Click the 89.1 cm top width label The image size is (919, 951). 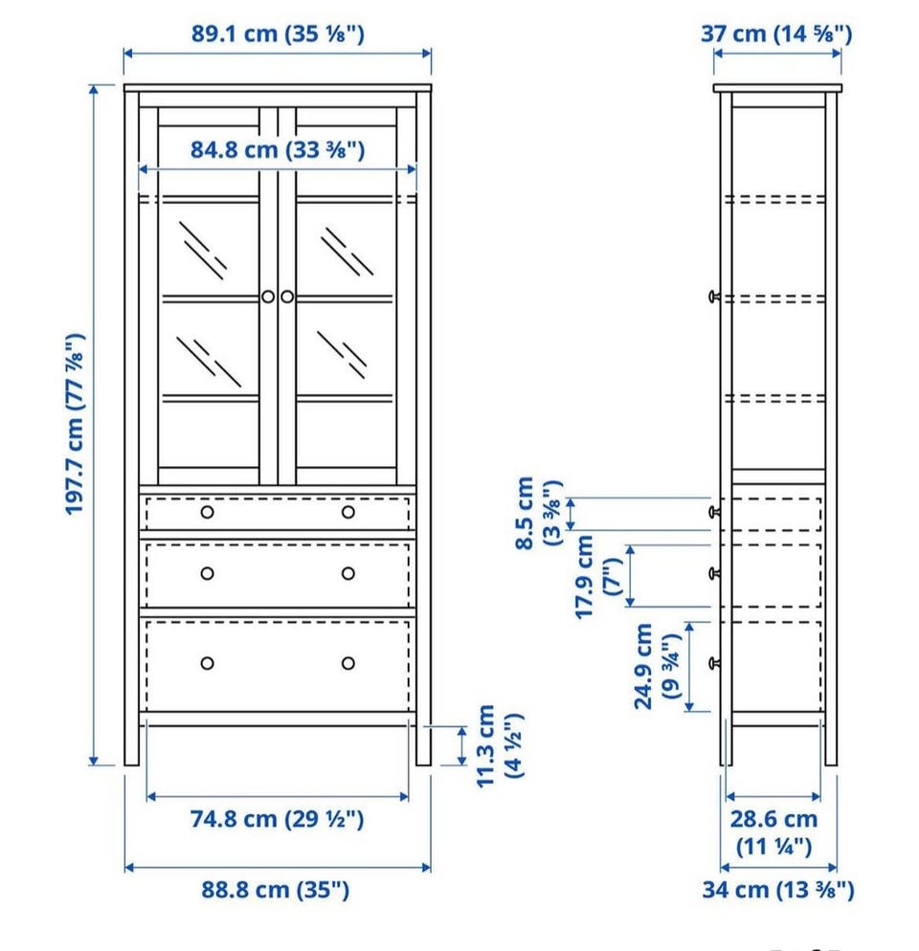click(x=278, y=34)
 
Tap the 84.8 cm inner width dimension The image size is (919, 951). click(x=278, y=150)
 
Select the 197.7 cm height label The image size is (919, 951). click(x=76, y=424)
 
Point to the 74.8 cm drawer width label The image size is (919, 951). click(x=277, y=819)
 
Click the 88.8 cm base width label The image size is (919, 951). click(x=276, y=891)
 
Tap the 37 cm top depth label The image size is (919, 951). click(x=776, y=34)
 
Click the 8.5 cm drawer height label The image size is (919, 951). click(x=538, y=513)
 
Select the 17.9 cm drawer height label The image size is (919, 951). click(x=598, y=577)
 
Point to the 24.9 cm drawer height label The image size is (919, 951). click(x=658, y=667)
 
